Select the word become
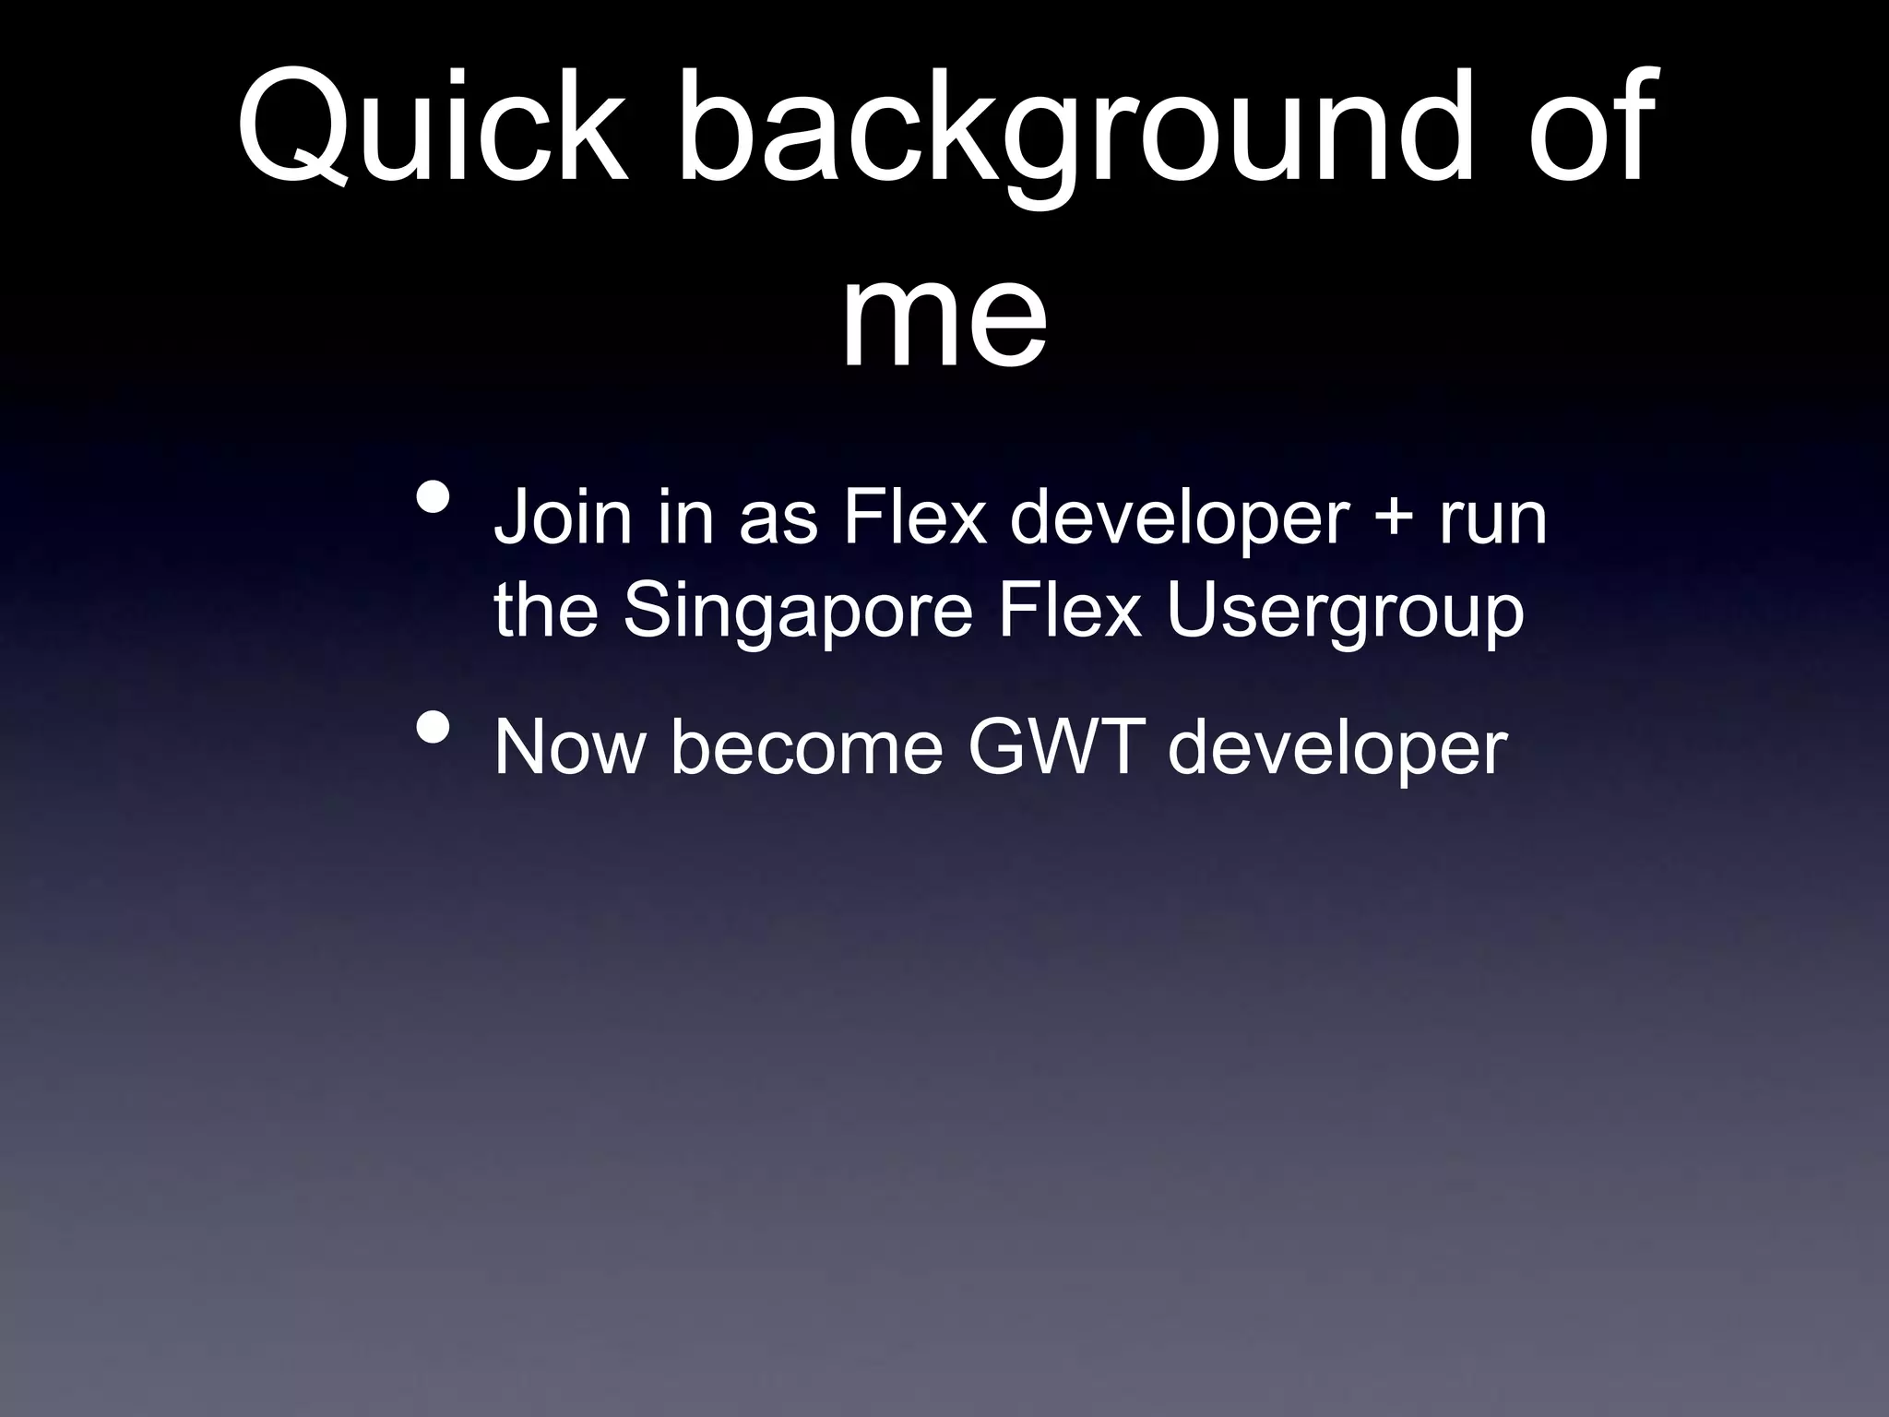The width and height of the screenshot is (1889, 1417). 807,747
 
